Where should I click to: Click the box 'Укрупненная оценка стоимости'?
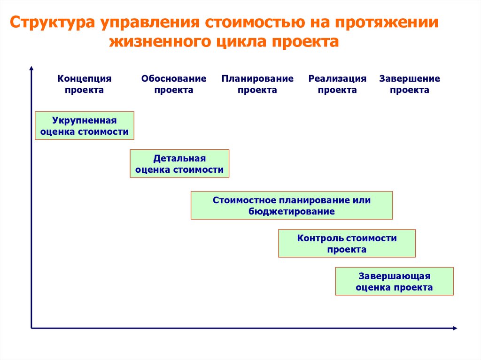click(85, 126)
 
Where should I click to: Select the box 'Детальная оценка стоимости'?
click(179, 163)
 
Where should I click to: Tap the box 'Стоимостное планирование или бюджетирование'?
click(291, 205)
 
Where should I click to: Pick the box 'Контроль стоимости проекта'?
click(347, 243)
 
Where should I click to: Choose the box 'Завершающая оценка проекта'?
click(394, 281)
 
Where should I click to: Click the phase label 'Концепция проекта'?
click(85, 84)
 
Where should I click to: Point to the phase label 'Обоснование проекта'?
click(174, 84)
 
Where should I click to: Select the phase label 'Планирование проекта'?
click(257, 84)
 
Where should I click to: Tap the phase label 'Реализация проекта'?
click(337, 84)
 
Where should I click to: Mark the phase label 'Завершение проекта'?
click(410, 84)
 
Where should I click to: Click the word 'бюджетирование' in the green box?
click(291, 211)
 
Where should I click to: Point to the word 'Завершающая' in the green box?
click(394, 276)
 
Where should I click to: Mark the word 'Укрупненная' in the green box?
click(85, 120)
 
